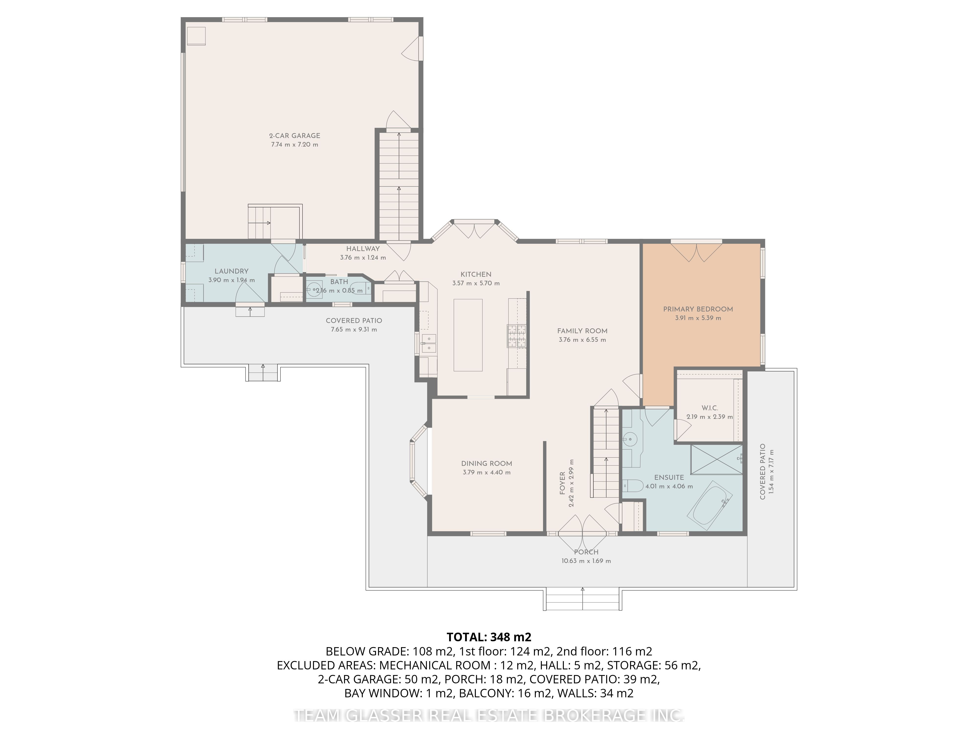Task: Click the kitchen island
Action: point(468,335)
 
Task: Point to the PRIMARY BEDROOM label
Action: point(698,309)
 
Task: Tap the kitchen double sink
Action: point(428,344)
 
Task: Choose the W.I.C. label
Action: point(710,408)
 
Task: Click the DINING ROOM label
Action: point(486,464)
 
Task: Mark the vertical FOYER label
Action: point(562,483)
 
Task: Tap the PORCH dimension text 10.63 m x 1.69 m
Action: point(586,561)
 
